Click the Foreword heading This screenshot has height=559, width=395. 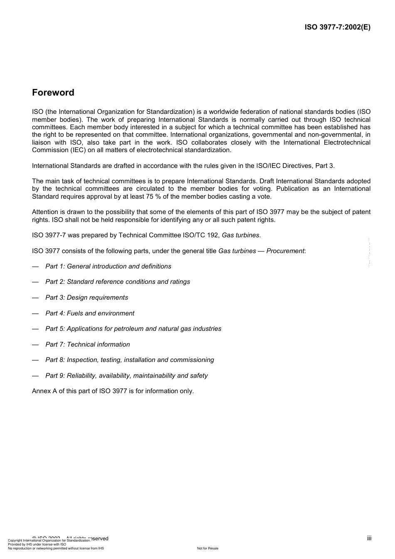(x=53, y=93)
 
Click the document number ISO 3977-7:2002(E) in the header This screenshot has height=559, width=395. (x=337, y=27)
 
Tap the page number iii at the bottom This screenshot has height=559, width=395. (x=369, y=538)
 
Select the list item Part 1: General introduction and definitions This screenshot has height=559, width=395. (x=108, y=266)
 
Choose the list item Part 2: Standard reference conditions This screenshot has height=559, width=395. (x=118, y=282)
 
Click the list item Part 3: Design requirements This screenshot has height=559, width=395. (x=86, y=298)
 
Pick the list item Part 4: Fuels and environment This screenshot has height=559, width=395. (x=90, y=313)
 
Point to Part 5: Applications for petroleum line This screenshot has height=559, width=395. (x=133, y=329)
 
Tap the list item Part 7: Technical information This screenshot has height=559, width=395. (x=87, y=345)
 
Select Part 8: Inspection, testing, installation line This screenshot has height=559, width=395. (x=129, y=360)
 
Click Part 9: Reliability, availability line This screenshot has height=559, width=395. (x=126, y=376)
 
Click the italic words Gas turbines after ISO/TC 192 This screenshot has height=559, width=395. (x=241, y=235)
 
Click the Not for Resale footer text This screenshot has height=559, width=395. (x=207, y=548)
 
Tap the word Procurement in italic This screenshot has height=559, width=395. (x=285, y=251)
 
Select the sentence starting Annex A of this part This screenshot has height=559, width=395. (x=113, y=391)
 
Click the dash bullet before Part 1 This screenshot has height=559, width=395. (x=35, y=266)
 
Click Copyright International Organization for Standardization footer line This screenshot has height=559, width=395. (x=49, y=541)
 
